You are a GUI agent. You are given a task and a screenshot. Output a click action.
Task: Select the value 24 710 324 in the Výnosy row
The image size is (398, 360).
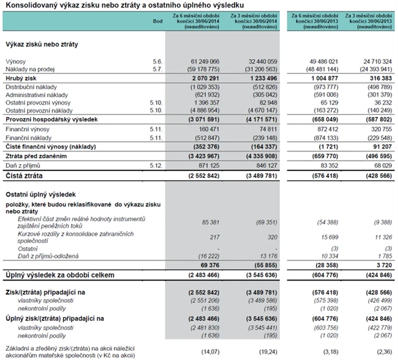point(373,62)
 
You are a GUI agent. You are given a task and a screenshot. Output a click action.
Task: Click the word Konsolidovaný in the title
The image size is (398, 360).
point(32,5)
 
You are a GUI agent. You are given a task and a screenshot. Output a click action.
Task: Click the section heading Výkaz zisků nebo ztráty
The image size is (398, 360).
point(42,44)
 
